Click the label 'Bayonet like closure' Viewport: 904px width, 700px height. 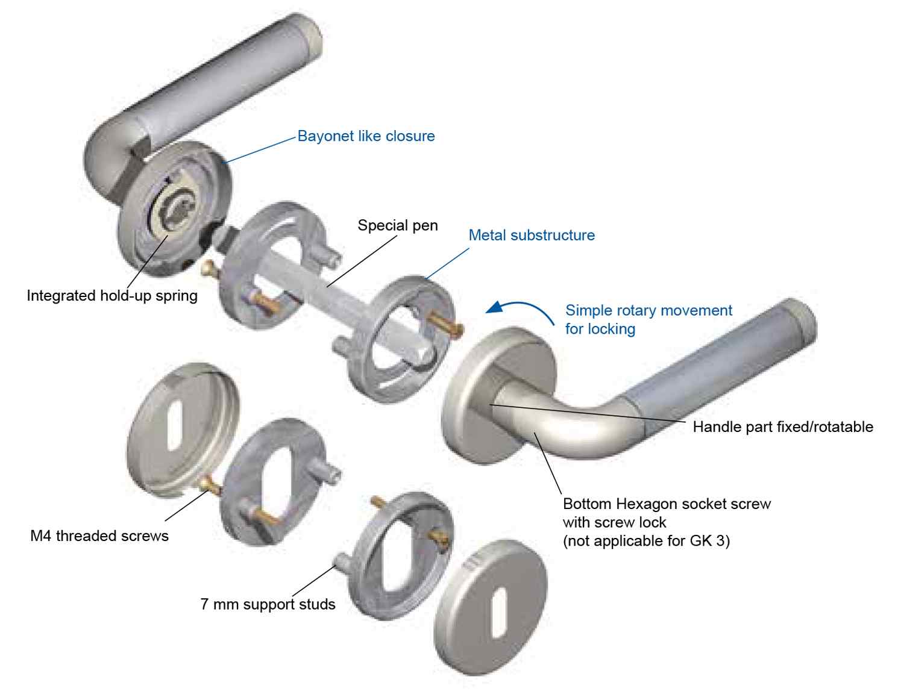(366, 136)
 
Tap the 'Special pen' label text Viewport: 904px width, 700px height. (398, 225)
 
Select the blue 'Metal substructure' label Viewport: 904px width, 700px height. (532, 236)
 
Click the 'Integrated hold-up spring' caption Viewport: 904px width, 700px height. (112, 296)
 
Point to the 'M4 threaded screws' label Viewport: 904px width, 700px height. (99, 536)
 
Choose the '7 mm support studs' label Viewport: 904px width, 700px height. (268, 604)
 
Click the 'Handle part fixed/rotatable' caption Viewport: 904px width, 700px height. (783, 427)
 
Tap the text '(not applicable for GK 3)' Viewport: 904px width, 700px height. (646, 541)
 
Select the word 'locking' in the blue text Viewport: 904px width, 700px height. (612, 329)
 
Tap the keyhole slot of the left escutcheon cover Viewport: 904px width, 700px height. (175, 425)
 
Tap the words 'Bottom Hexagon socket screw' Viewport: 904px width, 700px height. (667, 504)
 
